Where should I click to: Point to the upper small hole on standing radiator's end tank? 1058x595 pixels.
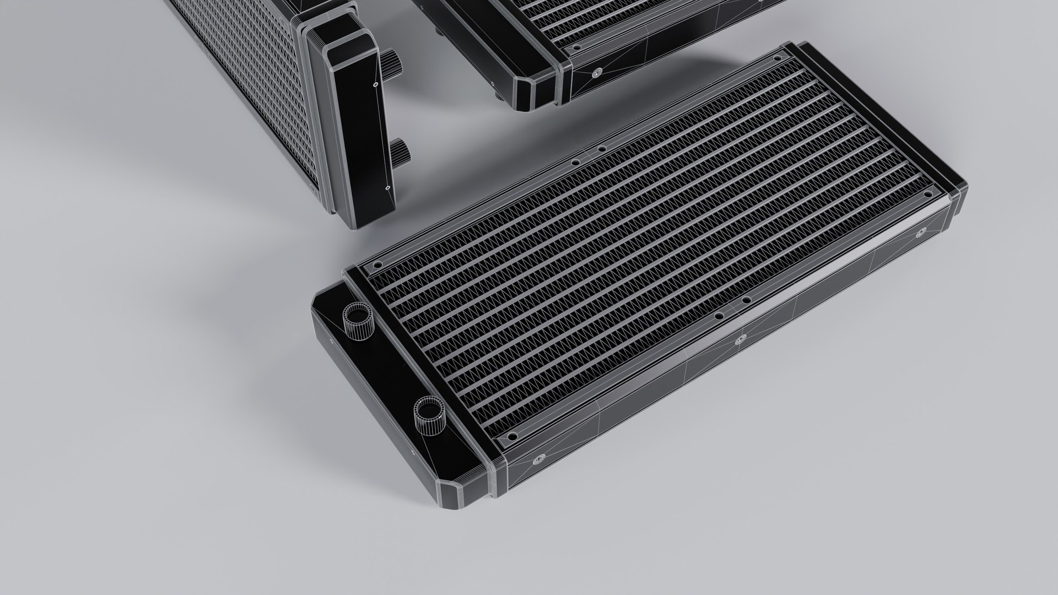(374, 85)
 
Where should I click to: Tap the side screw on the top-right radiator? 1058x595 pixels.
(596, 71)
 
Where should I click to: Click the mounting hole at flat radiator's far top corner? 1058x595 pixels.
(779, 57)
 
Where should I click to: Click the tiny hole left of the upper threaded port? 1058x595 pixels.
(331, 340)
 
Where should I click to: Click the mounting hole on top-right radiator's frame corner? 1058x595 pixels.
(577, 48)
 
